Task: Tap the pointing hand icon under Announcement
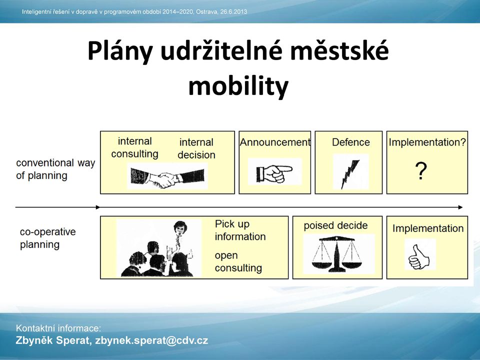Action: tap(274, 173)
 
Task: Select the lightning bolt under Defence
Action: tap(350, 174)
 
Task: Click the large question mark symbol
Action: tap(421, 171)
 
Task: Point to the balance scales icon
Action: tap(336, 254)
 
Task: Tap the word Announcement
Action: tap(275, 142)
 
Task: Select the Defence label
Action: tap(351, 142)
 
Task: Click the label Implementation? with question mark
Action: tap(427, 142)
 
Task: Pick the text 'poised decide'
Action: tap(335, 225)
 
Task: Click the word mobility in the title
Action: tap(238, 86)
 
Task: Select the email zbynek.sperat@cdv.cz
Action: tap(151, 340)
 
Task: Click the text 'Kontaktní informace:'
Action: tap(58, 328)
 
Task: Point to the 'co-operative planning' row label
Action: tap(48, 238)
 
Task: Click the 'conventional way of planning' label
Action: tap(55, 169)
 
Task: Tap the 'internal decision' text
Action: tap(196, 148)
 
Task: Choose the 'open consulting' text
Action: tap(238, 261)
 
